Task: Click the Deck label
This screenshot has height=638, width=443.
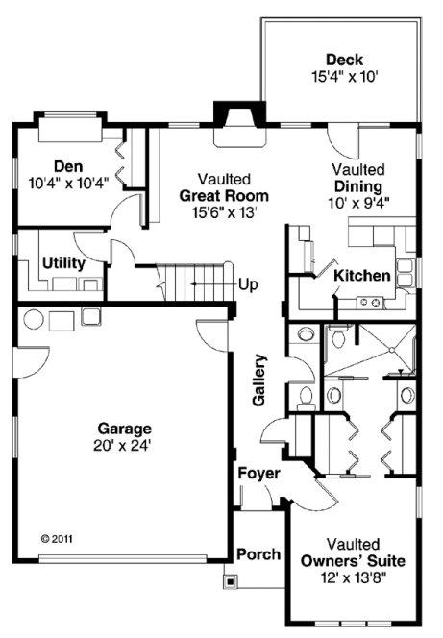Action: pyautogui.click(x=343, y=60)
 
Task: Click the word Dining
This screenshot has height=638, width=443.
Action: pyautogui.click(x=360, y=186)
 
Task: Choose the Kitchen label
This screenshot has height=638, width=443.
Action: pyautogui.click(x=361, y=276)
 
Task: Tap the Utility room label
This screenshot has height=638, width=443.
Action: pyautogui.click(x=63, y=262)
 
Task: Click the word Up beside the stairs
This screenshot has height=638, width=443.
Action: pyautogui.click(x=248, y=284)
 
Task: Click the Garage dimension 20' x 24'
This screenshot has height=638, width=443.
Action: pyautogui.click(x=124, y=444)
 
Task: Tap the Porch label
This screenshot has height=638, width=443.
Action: pyautogui.click(x=258, y=554)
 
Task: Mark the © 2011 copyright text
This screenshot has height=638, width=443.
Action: pyautogui.click(x=57, y=539)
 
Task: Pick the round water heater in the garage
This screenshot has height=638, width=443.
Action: pyautogui.click(x=32, y=318)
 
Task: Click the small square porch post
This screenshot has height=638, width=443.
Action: pyautogui.click(x=230, y=580)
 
